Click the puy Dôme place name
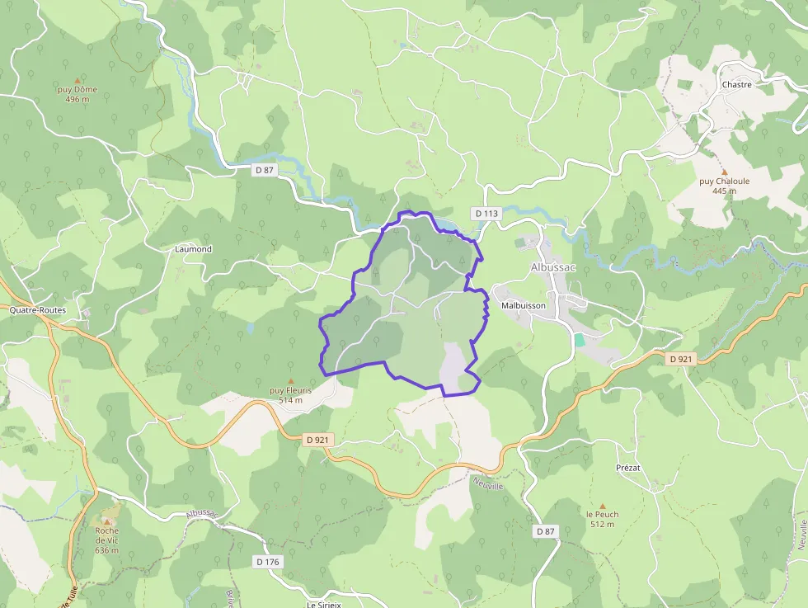(78, 89)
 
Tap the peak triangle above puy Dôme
(78, 80)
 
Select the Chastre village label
(736, 84)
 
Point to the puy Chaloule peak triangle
(724, 172)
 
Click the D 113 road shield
(486, 214)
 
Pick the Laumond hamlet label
(193, 249)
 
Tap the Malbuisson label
(524, 305)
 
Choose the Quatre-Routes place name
(37, 311)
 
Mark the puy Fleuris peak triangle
(289, 381)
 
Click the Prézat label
(628, 468)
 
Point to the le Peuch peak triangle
(602, 506)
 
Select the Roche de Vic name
(107, 535)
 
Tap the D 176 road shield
(267, 562)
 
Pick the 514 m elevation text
(290, 400)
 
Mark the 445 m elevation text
(724, 191)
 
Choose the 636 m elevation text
(107, 550)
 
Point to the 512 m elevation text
(602, 524)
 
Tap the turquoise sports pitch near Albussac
(580, 339)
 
